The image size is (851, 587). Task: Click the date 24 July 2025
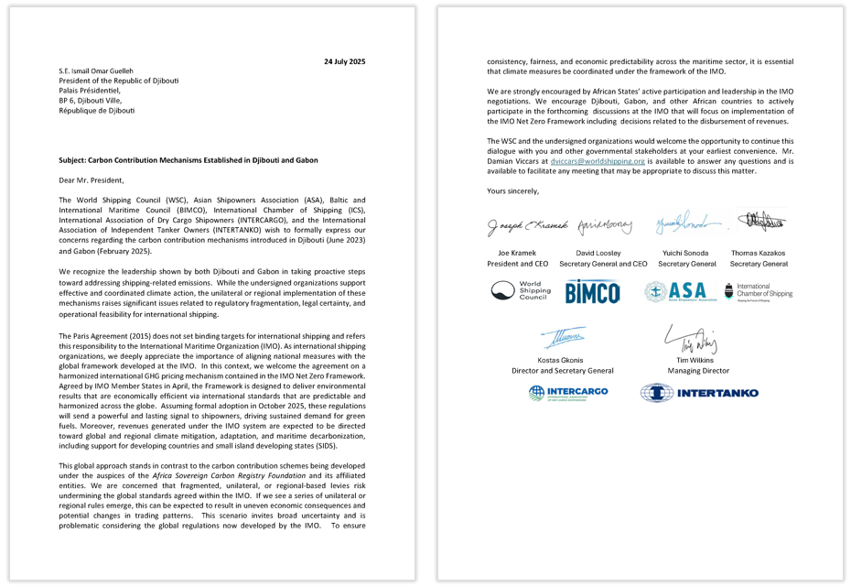[x=345, y=60]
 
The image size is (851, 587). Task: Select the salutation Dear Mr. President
[x=91, y=179]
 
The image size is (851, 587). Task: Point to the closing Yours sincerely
[x=512, y=190]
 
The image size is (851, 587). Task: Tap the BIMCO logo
[x=592, y=292]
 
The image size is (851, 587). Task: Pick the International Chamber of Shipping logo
[x=758, y=291]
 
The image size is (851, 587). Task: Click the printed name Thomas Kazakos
[x=759, y=252]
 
